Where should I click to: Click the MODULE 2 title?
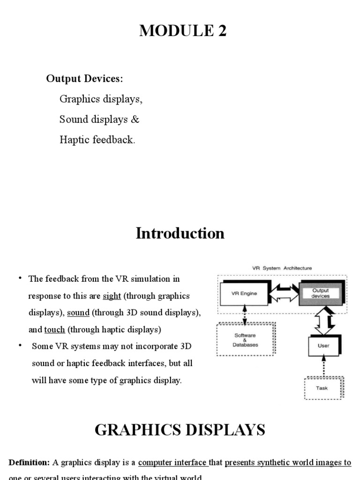coord(183,31)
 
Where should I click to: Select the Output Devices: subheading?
coord(84,79)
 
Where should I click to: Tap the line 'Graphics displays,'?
coord(101,99)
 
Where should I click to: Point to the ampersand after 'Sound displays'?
coord(135,120)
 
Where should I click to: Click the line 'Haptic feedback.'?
coord(97,140)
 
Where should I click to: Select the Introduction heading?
coord(180,233)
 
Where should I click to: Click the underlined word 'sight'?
coord(112,296)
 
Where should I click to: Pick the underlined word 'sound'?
coord(78,313)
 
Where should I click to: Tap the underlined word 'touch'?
coord(54,330)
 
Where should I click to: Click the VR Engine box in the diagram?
coord(244,294)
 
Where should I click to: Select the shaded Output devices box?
coord(321,293)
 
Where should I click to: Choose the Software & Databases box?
coord(245,340)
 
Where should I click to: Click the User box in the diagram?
coord(323,346)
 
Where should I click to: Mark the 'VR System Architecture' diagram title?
coord(282,268)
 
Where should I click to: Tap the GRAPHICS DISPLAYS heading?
coord(180,429)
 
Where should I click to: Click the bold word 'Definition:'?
coord(29,463)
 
